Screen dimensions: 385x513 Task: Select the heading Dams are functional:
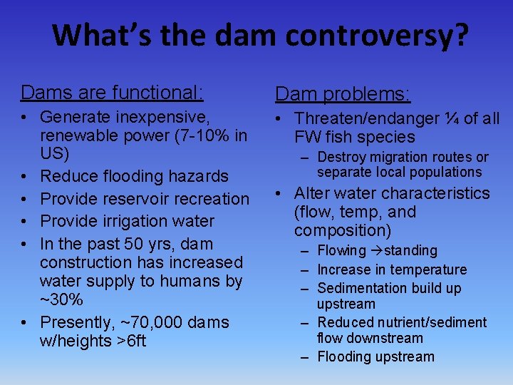(112, 92)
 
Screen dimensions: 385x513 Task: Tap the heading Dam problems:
(343, 93)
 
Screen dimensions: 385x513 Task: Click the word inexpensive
(160, 116)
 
